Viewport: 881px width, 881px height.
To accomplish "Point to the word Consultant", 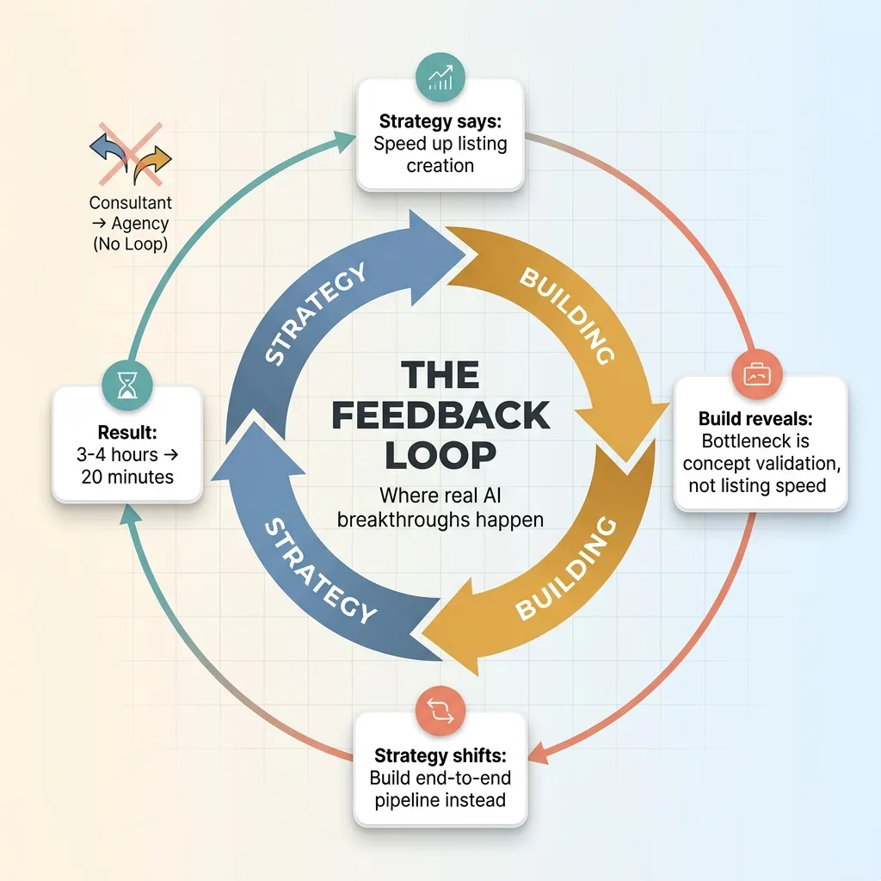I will pyautogui.click(x=131, y=204).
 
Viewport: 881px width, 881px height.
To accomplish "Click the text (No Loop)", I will pyautogui.click(x=131, y=244).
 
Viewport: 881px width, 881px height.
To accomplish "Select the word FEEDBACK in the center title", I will pyautogui.click(x=440, y=416).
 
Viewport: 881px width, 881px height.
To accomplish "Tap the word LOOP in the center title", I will pyautogui.click(x=440, y=456).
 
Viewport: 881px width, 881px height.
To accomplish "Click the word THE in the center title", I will pyautogui.click(x=440, y=375).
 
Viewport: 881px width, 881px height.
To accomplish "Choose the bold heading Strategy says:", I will pyautogui.click(x=440, y=120).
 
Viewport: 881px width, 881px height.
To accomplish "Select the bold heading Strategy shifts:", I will pyautogui.click(x=440, y=756).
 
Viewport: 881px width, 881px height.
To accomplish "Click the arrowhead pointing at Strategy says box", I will pyautogui.click(x=347, y=135).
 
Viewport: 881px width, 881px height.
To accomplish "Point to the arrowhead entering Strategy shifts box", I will pyautogui.click(x=538, y=755).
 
